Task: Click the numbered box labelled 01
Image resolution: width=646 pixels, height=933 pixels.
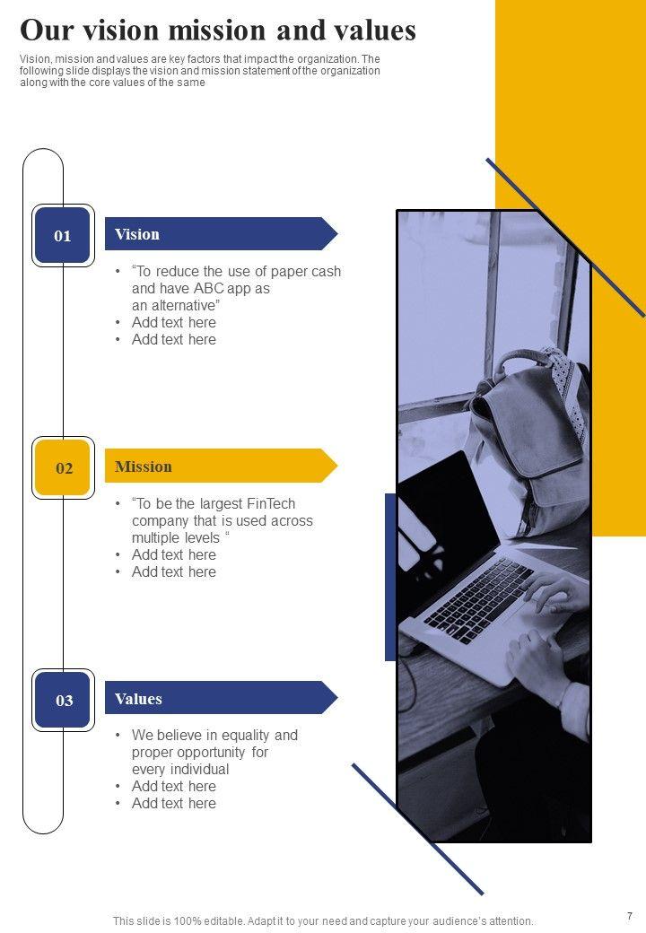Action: tap(63, 235)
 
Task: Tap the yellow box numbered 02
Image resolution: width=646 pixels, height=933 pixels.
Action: tap(63, 467)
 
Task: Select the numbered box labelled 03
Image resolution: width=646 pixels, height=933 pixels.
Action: tap(63, 700)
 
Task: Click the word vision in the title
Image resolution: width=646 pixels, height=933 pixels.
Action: tap(121, 31)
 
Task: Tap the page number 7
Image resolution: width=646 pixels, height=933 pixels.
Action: tap(630, 916)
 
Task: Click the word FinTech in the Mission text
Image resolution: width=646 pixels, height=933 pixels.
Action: tap(271, 503)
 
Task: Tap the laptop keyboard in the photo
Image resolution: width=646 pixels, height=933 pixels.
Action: tap(479, 601)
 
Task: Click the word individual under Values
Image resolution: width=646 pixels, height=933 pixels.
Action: tap(200, 770)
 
